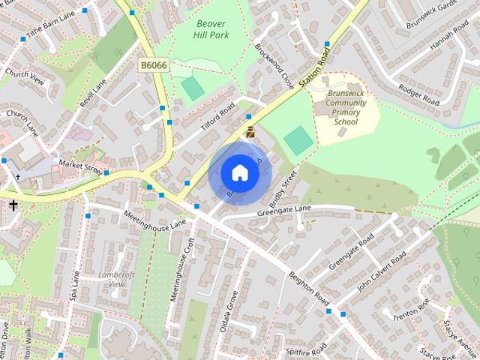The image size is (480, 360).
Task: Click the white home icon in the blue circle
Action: pyautogui.click(x=239, y=172)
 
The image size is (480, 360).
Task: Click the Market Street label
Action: pyautogui.click(x=80, y=166)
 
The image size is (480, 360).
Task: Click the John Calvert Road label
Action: pyautogui.click(x=382, y=272)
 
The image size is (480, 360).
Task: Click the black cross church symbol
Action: pyautogui.click(x=13, y=204)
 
